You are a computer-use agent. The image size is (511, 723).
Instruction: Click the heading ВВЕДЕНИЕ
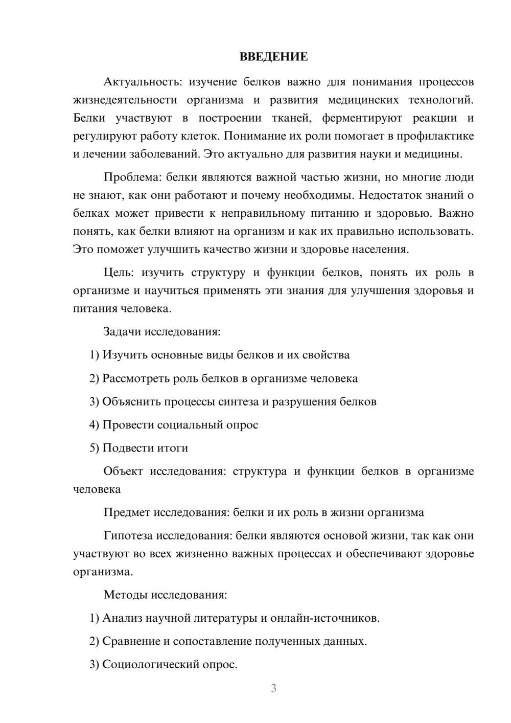tap(273, 57)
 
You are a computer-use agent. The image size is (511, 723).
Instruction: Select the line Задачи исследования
tap(162, 331)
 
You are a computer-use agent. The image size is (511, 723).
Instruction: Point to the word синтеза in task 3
tap(239, 401)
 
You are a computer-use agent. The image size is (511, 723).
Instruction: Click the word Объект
tap(123, 471)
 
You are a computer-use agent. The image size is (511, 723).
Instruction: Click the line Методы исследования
tap(165, 595)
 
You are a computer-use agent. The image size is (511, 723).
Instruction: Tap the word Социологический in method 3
tap(147, 664)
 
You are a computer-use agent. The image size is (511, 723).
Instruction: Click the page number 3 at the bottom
tap(273, 688)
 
